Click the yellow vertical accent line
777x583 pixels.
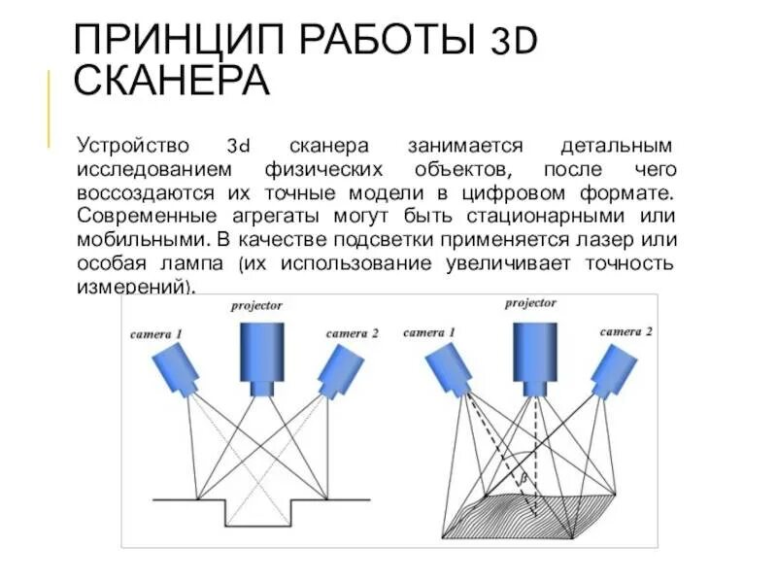pos(49,108)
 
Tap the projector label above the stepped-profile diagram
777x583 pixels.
pos(256,306)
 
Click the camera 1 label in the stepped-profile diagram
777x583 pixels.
pos(155,334)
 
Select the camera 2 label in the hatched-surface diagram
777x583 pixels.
pos(626,331)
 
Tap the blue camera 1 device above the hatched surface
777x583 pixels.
pos(449,367)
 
